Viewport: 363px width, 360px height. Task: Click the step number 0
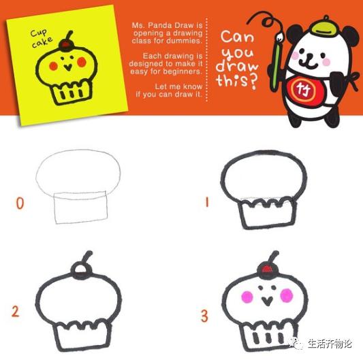click(20, 203)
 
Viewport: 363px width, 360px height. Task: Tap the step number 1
click(207, 202)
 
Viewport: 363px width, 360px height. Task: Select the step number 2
click(15, 312)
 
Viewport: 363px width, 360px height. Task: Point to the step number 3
click(204, 316)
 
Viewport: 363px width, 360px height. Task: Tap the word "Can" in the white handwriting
click(237, 37)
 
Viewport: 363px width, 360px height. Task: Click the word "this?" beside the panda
click(237, 82)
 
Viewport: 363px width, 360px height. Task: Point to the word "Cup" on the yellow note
click(38, 33)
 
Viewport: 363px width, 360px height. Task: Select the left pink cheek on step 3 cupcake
click(247, 297)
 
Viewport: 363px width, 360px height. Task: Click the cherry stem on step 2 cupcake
click(87, 257)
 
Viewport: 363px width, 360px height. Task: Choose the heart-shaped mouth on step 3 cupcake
click(268, 301)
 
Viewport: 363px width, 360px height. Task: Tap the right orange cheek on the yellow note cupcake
click(82, 62)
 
